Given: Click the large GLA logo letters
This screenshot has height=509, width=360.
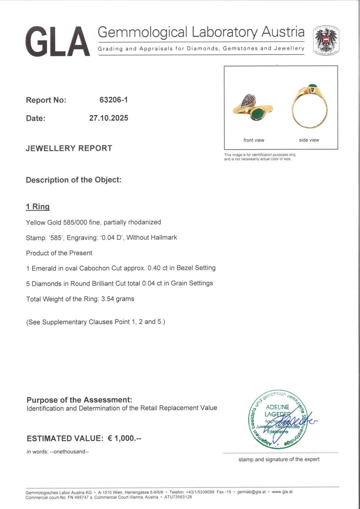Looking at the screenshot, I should [x=57, y=42].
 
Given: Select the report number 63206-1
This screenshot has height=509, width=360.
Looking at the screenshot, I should [x=113, y=100].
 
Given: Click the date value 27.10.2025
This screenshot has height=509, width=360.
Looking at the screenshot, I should [x=108, y=118].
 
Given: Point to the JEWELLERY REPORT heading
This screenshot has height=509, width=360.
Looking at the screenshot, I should [x=69, y=148].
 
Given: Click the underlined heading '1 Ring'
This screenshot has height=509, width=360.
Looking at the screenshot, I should [x=38, y=207].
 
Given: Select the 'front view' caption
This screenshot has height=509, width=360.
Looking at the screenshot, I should [x=254, y=140].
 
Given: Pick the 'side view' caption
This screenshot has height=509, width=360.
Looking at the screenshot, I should [x=309, y=140].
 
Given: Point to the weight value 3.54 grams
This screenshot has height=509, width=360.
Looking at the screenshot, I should [x=118, y=299].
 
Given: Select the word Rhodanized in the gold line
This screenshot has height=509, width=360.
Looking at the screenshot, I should [x=144, y=222].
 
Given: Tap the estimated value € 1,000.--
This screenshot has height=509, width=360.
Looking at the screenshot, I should [x=124, y=438].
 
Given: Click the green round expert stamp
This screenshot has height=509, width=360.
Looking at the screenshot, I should [x=278, y=420].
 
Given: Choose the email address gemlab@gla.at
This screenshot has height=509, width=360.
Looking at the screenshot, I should [x=251, y=492].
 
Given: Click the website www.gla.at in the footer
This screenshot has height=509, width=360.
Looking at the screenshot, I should [x=282, y=492].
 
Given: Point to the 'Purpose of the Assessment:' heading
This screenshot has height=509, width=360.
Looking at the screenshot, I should [x=79, y=400].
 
